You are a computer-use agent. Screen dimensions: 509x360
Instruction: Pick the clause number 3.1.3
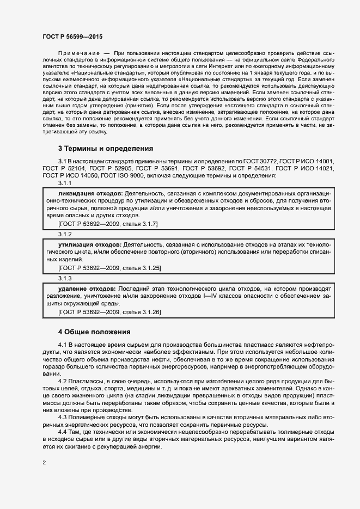point(65,278)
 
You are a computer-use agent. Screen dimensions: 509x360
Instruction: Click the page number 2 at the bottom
point(44,463)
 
